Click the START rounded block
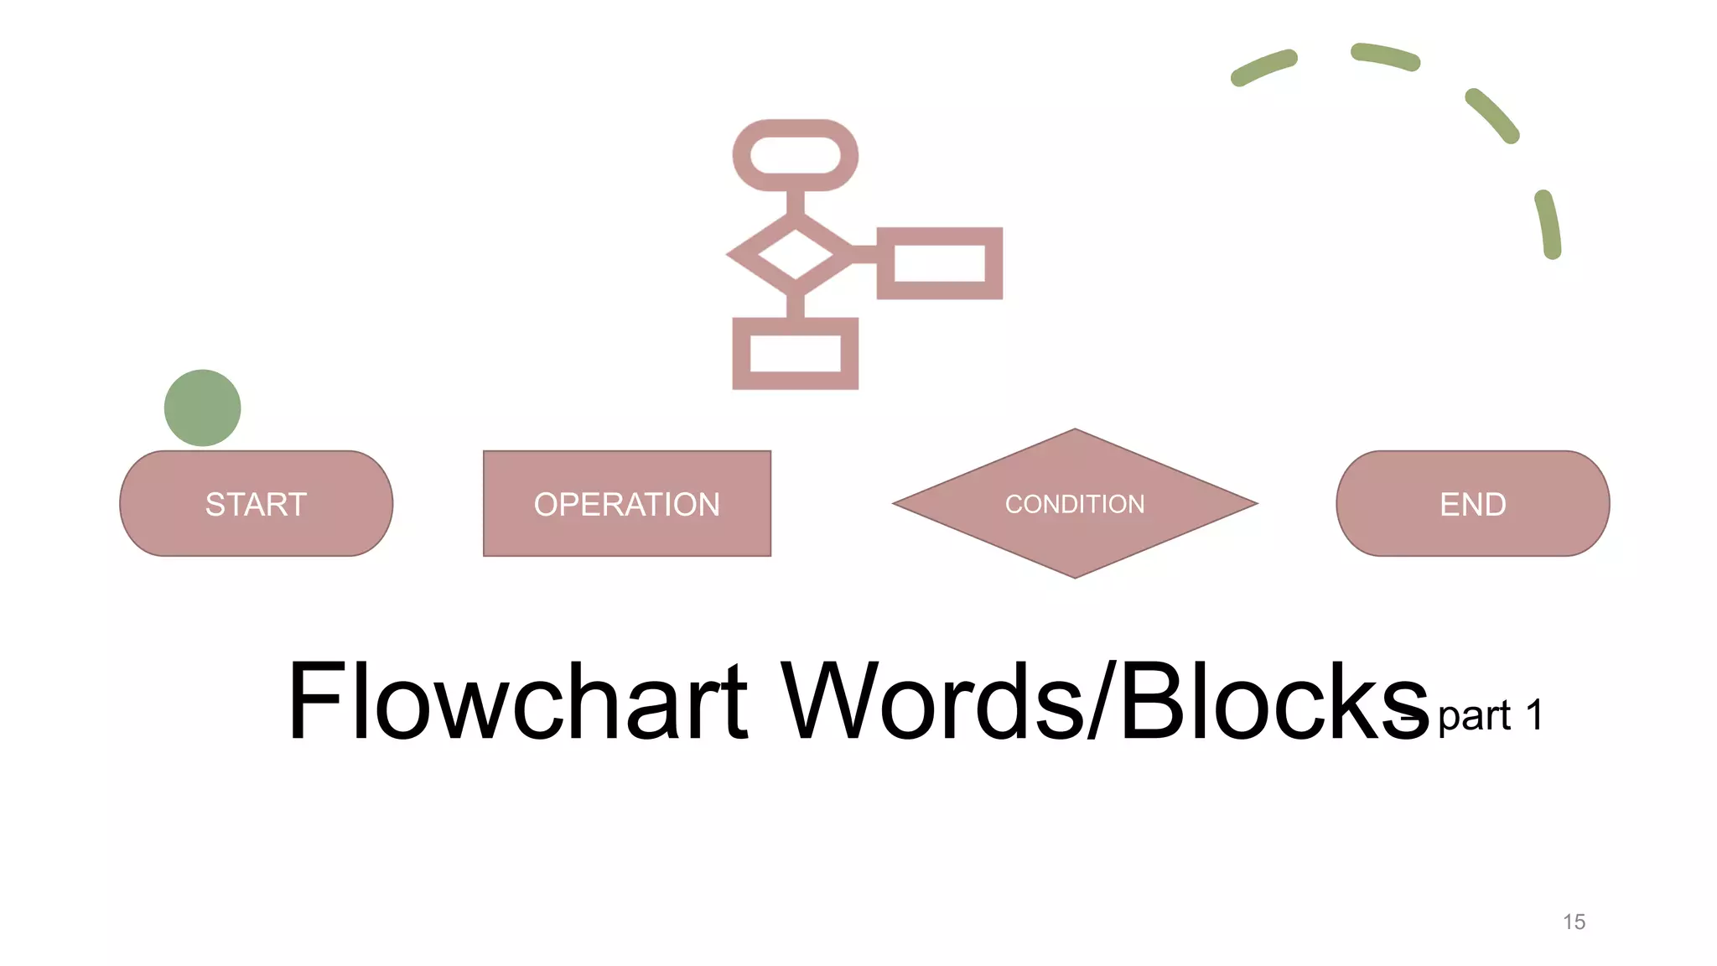[x=256, y=504]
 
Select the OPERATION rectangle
[x=626, y=504]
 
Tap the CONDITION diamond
[x=1075, y=504]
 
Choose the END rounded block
[x=1472, y=504]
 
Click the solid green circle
[x=202, y=408]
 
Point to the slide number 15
[x=1574, y=922]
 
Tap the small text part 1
[x=1490, y=715]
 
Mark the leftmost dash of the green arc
[x=1263, y=67]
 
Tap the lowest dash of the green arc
[x=1548, y=224]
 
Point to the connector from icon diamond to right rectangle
[x=864, y=253]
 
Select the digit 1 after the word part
[x=1533, y=715]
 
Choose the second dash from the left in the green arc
[x=1385, y=55]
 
